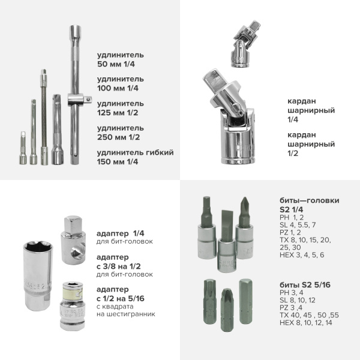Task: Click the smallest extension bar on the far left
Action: (23, 148)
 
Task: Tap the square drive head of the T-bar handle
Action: (88, 100)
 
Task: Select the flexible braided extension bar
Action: (44, 117)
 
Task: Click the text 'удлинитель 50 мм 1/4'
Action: (121, 59)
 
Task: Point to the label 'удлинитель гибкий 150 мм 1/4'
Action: (135, 157)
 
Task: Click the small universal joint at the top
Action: (246, 44)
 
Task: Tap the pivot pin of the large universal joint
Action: (236, 107)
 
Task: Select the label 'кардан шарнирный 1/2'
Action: (311, 144)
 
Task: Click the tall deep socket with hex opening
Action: (38, 276)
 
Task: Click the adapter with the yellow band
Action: (73, 306)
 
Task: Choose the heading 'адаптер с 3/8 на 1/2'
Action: (118, 262)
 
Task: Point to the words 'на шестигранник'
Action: (126, 314)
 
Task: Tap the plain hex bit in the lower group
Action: (245, 301)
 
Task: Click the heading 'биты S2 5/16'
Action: (305, 285)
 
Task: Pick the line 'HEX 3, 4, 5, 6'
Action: (302, 255)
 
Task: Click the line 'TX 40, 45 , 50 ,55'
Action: (309, 315)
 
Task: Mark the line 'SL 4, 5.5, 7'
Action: (298, 225)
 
